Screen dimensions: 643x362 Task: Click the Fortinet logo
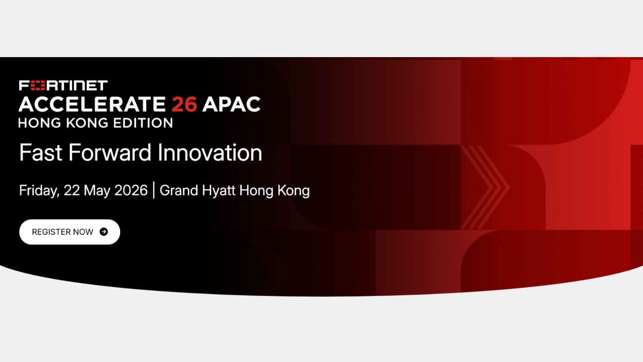(63, 85)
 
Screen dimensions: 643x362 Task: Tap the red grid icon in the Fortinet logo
(38, 85)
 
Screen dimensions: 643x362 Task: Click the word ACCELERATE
(92, 104)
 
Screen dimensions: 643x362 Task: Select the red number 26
(184, 104)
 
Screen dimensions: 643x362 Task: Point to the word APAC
(231, 104)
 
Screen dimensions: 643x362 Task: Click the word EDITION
(143, 123)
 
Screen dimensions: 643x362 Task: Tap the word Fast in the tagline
(41, 152)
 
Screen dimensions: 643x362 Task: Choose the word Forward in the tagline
(110, 152)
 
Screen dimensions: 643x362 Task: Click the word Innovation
(209, 152)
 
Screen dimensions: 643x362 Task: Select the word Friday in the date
(39, 191)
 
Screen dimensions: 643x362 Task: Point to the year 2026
(131, 190)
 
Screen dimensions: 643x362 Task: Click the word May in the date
(97, 191)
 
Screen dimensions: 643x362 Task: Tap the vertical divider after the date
(154, 190)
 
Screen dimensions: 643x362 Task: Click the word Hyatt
(219, 191)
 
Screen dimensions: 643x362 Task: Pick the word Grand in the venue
(179, 190)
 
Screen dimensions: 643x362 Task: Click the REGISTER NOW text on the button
(63, 232)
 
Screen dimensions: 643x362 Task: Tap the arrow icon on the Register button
(104, 232)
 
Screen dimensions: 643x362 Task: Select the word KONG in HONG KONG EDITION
(87, 123)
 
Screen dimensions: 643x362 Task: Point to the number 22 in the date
(72, 190)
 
